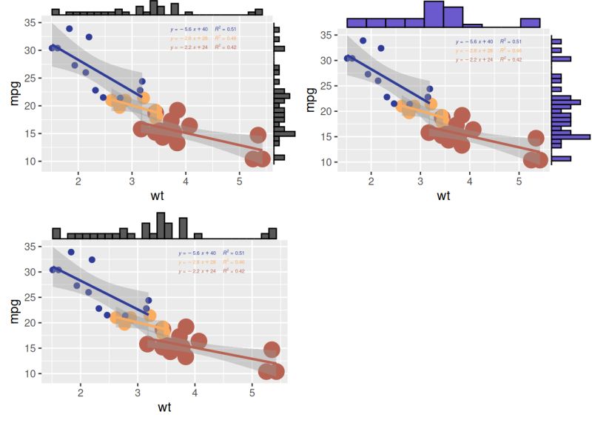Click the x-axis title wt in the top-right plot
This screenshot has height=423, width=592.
[443, 196]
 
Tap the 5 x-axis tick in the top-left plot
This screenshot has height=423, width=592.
[239, 181]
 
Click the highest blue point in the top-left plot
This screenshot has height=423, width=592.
[70, 29]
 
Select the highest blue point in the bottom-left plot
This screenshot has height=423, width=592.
[71, 252]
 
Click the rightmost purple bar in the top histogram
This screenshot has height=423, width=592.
[530, 23]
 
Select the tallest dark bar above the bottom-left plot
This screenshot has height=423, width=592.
[161, 225]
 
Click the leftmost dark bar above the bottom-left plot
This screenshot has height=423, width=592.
[56, 233]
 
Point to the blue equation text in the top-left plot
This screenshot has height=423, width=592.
[190, 29]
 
